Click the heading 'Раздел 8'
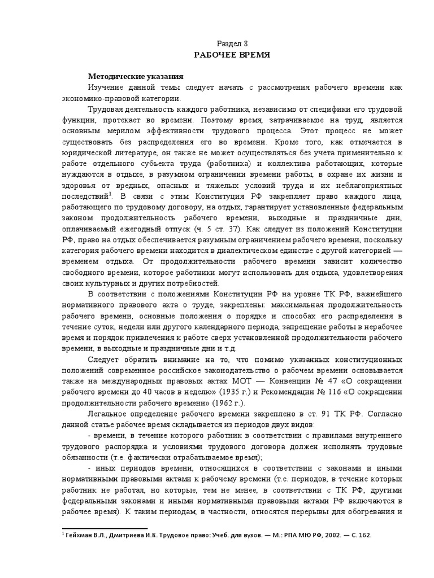[x=232, y=43]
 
